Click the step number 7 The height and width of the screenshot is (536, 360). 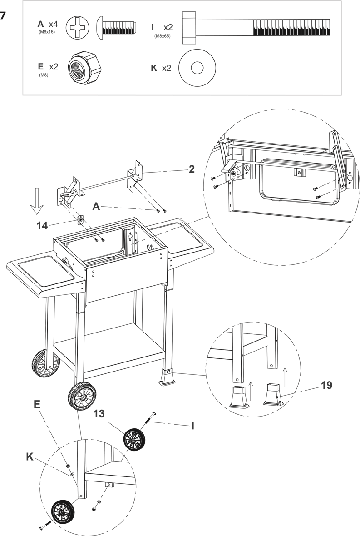coord(4,16)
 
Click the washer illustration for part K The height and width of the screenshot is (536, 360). coord(197,68)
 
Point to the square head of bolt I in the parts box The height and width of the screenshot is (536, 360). coord(189,28)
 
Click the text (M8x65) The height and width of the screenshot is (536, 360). coord(162,35)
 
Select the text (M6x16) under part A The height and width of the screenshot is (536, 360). coord(47,32)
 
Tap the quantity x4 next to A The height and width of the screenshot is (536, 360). coord(53,24)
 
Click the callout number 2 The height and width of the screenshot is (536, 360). coord(192,169)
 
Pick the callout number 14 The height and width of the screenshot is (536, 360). coord(42,226)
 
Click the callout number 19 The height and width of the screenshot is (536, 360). coord(326,385)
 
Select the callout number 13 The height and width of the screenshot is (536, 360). coord(99,414)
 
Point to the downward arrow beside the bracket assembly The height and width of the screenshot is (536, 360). coord(37,200)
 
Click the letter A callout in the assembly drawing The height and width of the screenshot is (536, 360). coord(96,207)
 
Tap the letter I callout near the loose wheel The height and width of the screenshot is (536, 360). coord(192,426)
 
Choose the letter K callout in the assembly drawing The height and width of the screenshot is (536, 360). coord(30,457)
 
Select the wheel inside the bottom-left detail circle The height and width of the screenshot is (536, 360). coord(63,512)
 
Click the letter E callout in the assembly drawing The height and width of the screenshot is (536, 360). coord(37,404)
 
